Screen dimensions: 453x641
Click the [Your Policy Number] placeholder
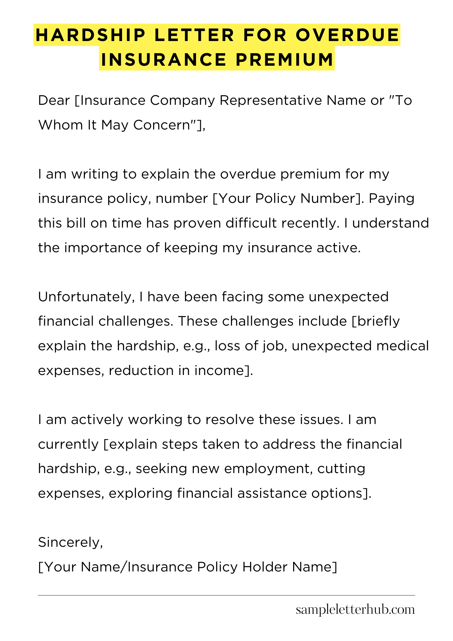click(x=287, y=199)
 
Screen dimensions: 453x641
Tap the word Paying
click(x=391, y=199)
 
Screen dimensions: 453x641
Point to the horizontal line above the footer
click(x=226, y=595)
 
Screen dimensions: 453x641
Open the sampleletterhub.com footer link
click(x=355, y=610)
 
